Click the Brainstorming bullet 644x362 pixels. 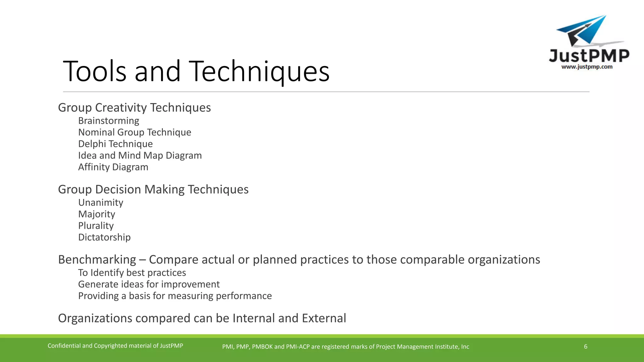(108, 121)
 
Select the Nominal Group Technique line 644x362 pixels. (135, 132)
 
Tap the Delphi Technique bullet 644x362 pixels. (115, 144)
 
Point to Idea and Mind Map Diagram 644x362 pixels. (140, 156)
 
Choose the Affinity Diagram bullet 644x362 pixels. (113, 167)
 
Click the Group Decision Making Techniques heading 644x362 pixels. (153, 189)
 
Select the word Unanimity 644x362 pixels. (101, 203)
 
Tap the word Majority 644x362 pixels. (97, 214)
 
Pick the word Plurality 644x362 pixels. (96, 226)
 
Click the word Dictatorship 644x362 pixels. (104, 237)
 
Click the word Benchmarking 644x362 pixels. (97, 260)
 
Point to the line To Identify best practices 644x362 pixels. (132, 273)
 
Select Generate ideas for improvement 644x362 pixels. (149, 284)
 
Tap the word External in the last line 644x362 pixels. (324, 318)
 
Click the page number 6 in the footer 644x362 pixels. (586, 347)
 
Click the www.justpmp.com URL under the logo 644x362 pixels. (587, 67)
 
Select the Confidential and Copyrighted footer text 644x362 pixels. (115, 346)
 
